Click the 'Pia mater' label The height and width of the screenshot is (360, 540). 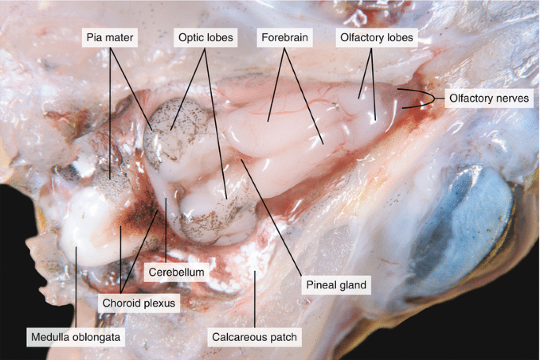pos(110,37)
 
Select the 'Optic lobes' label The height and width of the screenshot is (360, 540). pos(204,37)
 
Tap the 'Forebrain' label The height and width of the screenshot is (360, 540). pos(285,37)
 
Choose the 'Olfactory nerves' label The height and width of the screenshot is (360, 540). pos(490,98)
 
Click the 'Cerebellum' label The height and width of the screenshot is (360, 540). pos(177,272)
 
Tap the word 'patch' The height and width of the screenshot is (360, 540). pos(283,338)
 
